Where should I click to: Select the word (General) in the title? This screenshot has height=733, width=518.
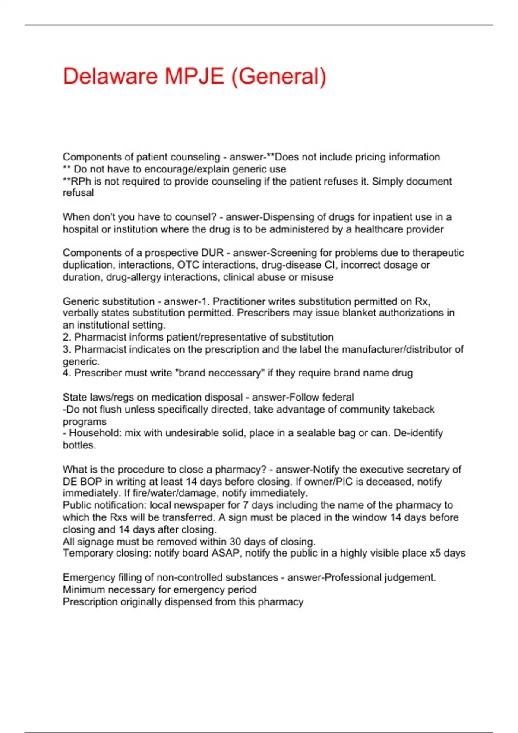(x=279, y=76)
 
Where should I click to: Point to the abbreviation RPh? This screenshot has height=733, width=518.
(x=80, y=181)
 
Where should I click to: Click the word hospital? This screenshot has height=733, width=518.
(x=80, y=229)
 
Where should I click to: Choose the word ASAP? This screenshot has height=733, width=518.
(x=225, y=553)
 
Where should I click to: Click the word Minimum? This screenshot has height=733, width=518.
(x=84, y=589)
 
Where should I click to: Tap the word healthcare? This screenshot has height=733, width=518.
(x=382, y=229)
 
